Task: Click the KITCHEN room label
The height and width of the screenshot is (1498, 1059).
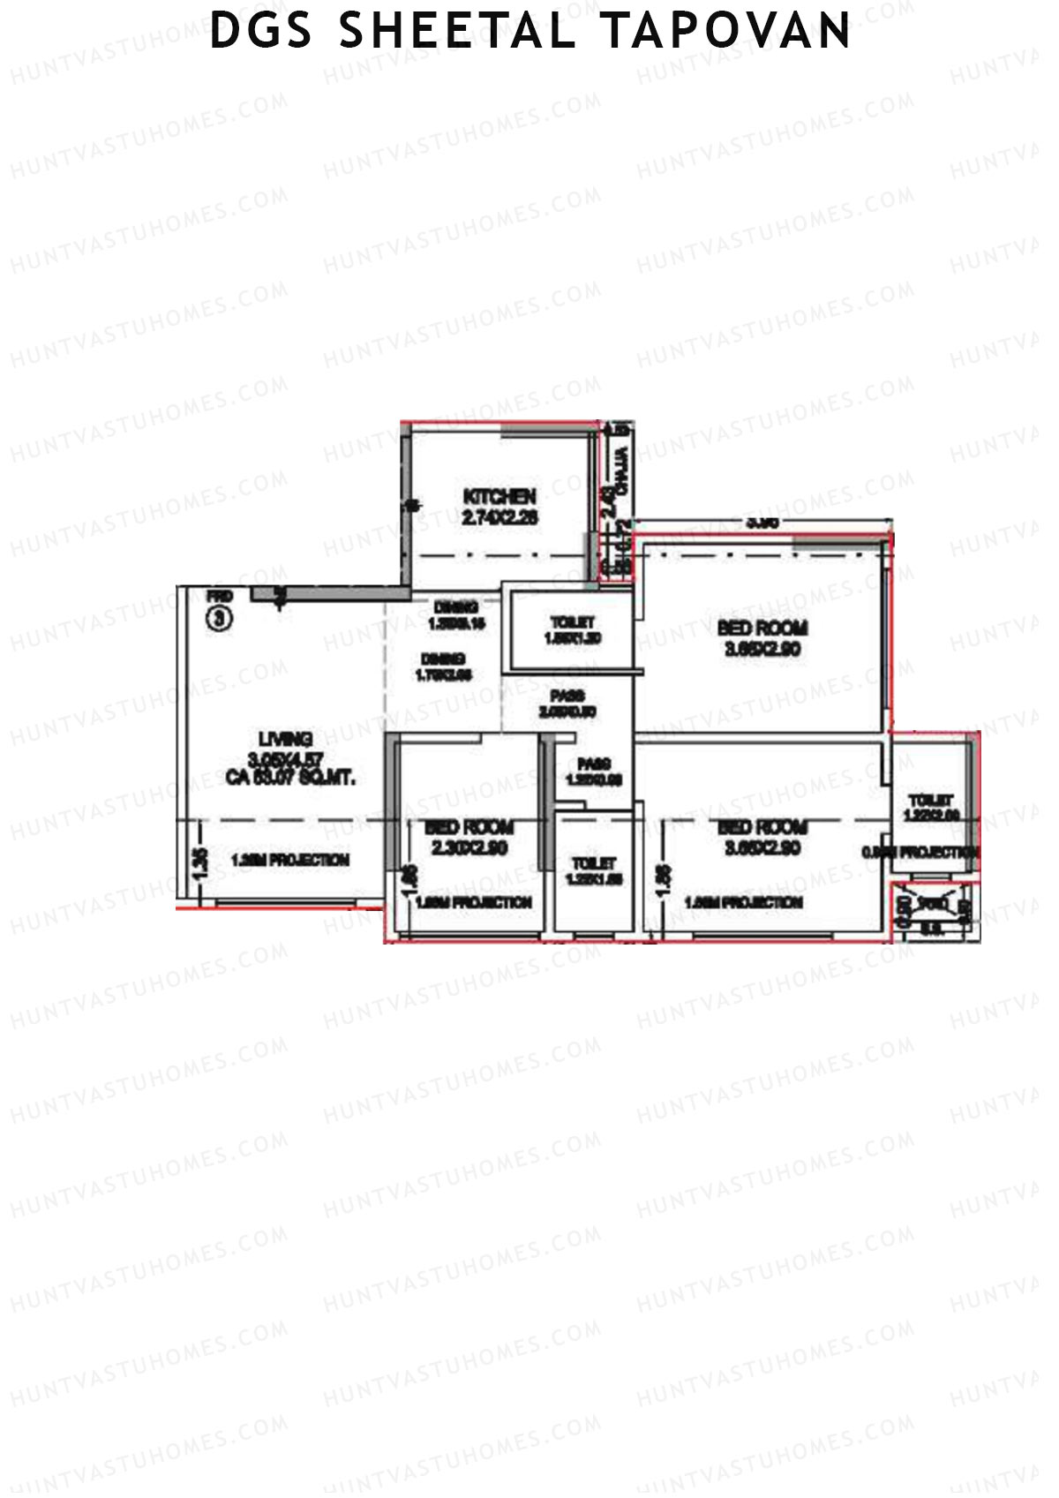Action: pyautogui.click(x=499, y=497)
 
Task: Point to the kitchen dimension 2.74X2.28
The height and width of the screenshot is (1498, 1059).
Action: pyautogui.click(x=499, y=518)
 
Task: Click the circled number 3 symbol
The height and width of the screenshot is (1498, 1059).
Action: pyautogui.click(x=219, y=619)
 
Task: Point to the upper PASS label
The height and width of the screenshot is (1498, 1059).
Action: pyautogui.click(x=567, y=696)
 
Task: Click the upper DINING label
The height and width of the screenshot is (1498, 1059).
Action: pyautogui.click(x=456, y=607)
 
